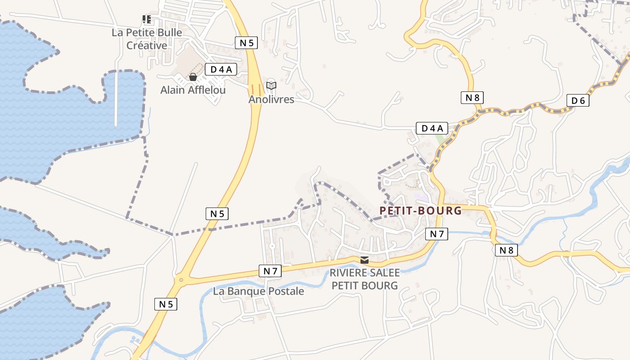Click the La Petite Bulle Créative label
[147, 39]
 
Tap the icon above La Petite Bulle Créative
[147, 19]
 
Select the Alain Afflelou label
[193, 90]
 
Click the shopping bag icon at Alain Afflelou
[193, 77]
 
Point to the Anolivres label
[271, 99]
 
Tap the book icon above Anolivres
[271, 85]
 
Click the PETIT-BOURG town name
[420, 211]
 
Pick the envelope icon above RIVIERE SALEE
[364, 260]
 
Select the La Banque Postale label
[258, 291]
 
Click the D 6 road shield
[578, 101]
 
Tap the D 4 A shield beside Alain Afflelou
[221, 69]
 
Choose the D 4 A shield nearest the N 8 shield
[432, 128]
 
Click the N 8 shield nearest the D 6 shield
[472, 97]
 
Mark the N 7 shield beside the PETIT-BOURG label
[436, 234]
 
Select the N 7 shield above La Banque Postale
[270, 270]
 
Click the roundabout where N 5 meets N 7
[181, 279]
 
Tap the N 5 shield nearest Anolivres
[246, 43]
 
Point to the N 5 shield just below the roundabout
[166, 304]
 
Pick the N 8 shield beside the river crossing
[506, 250]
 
